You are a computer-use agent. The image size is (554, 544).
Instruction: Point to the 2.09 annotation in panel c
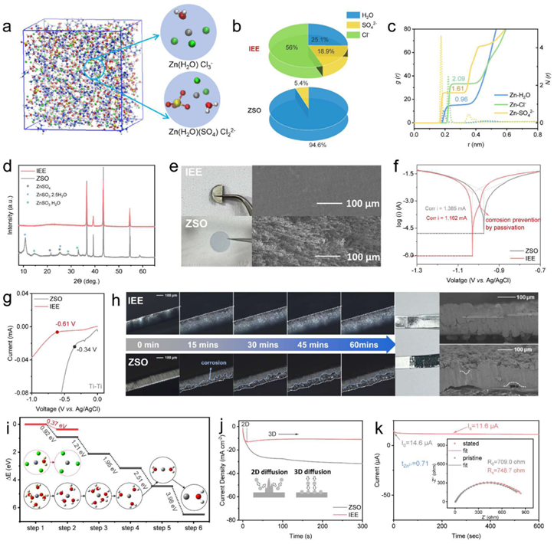pos(458,79)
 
